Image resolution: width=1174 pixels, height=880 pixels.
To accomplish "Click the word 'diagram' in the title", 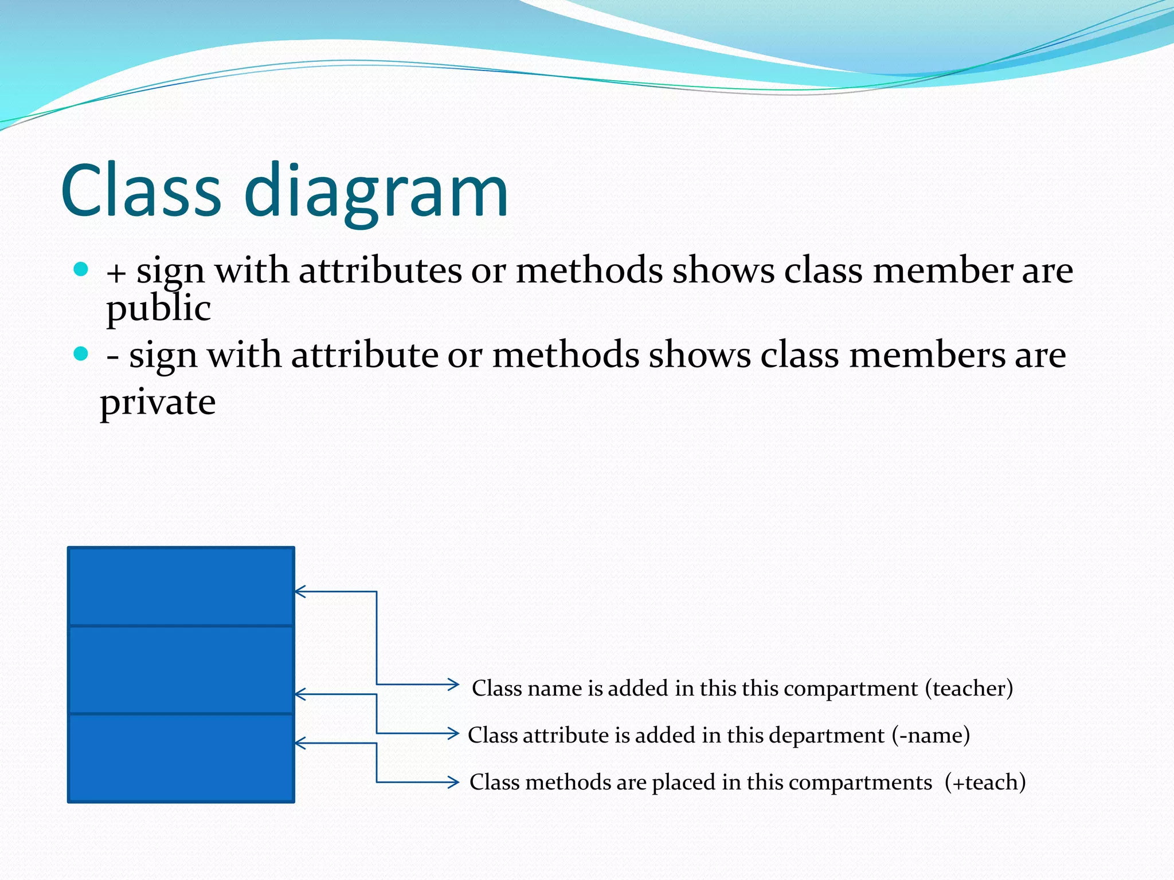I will click(x=376, y=192).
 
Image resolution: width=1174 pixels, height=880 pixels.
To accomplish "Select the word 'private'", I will click(x=158, y=403).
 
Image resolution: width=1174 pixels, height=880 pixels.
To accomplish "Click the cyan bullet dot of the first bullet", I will click(x=81, y=269).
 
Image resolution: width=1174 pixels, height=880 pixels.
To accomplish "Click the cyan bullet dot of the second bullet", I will click(x=81, y=353).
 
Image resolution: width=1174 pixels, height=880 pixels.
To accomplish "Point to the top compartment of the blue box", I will click(x=181, y=586).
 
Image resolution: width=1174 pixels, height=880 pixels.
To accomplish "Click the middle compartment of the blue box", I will click(x=181, y=669).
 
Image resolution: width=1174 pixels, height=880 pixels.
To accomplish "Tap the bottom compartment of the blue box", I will click(x=181, y=757).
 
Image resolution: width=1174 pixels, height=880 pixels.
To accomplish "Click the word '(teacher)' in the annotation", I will click(x=969, y=688).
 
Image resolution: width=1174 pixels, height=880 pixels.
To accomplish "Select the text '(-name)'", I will click(x=930, y=735).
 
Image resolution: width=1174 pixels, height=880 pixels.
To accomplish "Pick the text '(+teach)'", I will click(x=985, y=782).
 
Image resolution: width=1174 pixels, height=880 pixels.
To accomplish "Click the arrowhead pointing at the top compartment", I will click(x=299, y=591).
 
